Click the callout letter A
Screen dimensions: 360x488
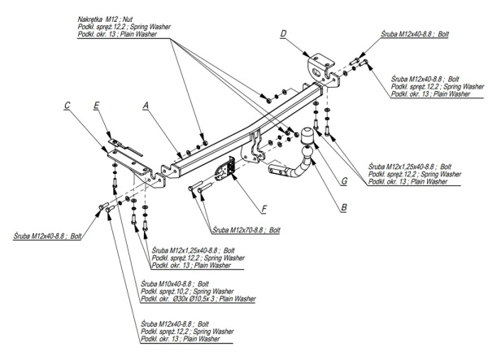146,105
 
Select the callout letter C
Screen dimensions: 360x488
68,105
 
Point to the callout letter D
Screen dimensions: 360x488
282,33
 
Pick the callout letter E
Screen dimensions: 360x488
96,106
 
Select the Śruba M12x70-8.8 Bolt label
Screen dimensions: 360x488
245,230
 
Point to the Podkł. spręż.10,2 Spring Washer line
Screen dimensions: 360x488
187,291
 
